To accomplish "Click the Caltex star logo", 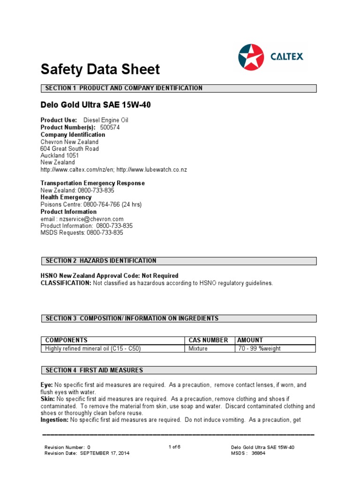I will point(251,57).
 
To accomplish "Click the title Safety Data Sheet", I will point(100,70).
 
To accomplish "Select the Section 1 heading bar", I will point(179,88).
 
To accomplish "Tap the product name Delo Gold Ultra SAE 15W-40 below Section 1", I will point(96,105).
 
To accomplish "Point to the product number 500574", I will point(110,127).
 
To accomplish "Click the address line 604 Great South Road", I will point(70,149).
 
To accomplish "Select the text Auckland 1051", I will point(60,156).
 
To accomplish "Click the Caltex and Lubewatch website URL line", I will point(113,170).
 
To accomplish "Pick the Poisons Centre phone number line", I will point(91,204).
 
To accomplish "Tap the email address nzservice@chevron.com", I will point(82,219).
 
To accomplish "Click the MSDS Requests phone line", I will point(82,232).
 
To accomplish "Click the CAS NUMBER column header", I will point(208,340).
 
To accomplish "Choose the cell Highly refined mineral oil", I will point(93,349).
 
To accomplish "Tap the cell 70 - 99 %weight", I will point(259,349).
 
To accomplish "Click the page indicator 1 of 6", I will point(174,447).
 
